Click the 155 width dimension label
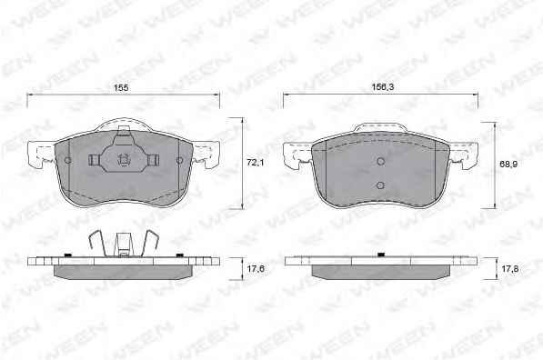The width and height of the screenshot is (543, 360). (x=121, y=88)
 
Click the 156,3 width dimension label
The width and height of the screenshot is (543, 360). (x=383, y=87)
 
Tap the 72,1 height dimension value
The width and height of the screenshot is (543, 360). (x=256, y=162)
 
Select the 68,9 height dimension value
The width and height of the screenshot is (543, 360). (x=508, y=165)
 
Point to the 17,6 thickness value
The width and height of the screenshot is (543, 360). (x=256, y=268)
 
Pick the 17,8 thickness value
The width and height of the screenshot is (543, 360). (x=509, y=268)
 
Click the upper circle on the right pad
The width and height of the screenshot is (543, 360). (x=380, y=161)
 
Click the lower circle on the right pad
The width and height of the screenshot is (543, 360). (x=380, y=185)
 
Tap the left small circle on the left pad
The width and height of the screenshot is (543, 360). (x=68, y=160)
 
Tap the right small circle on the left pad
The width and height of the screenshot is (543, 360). (x=179, y=160)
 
